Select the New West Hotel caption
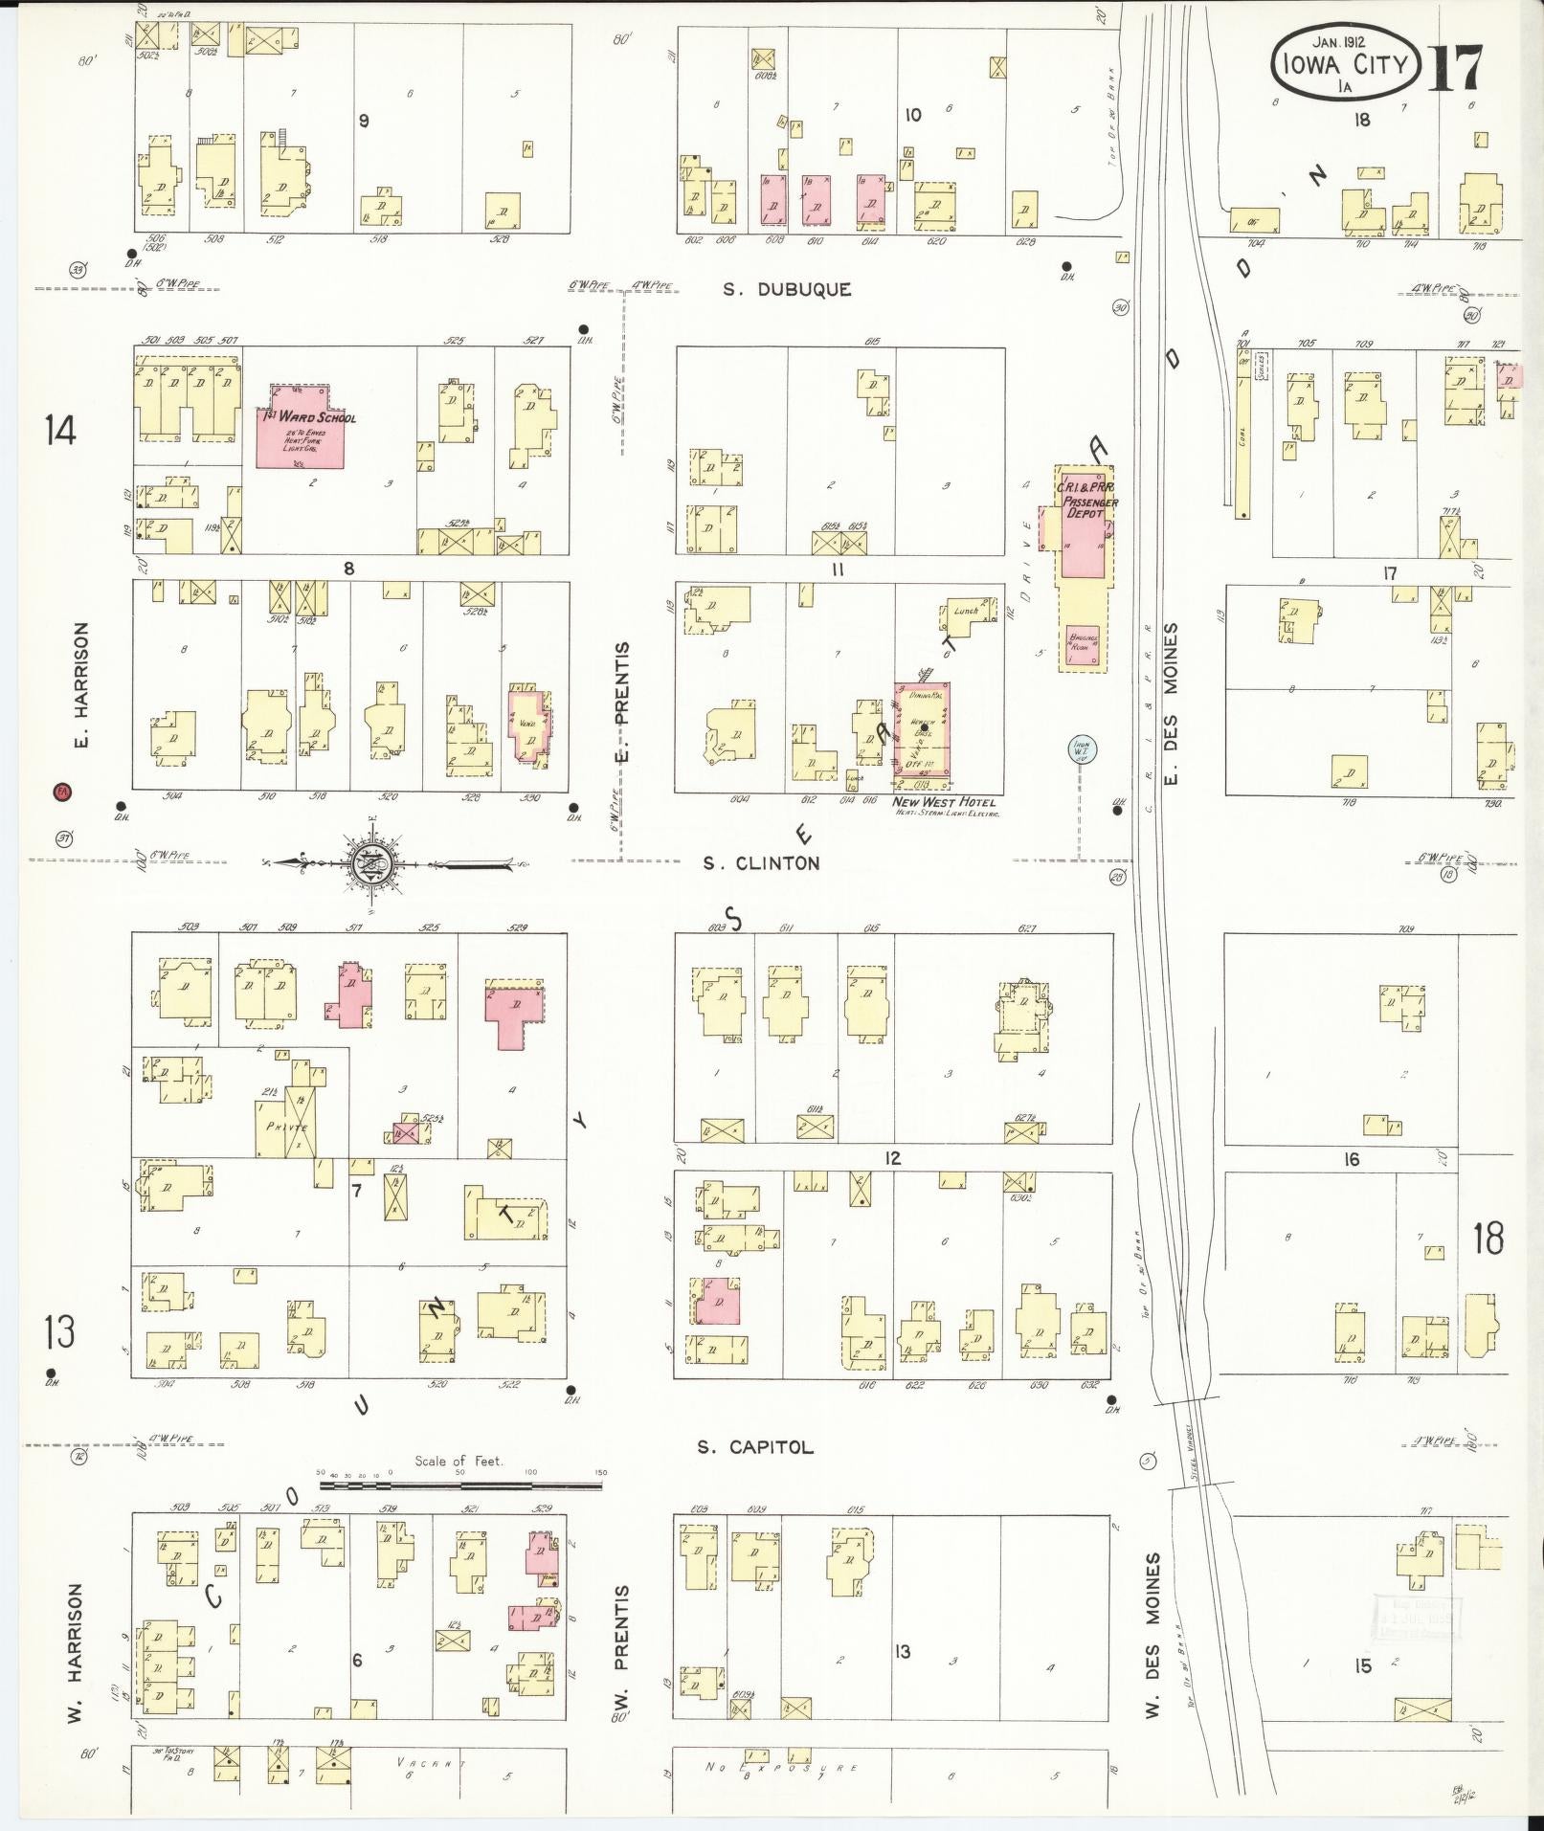click(945, 802)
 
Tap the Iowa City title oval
click(1344, 62)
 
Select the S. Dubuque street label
click(787, 290)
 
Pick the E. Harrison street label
click(82, 685)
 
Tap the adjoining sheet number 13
click(59, 1331)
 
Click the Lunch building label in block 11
click(965, 611)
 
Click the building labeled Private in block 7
click(286, 1128)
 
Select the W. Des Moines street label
click(1152, 1635)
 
